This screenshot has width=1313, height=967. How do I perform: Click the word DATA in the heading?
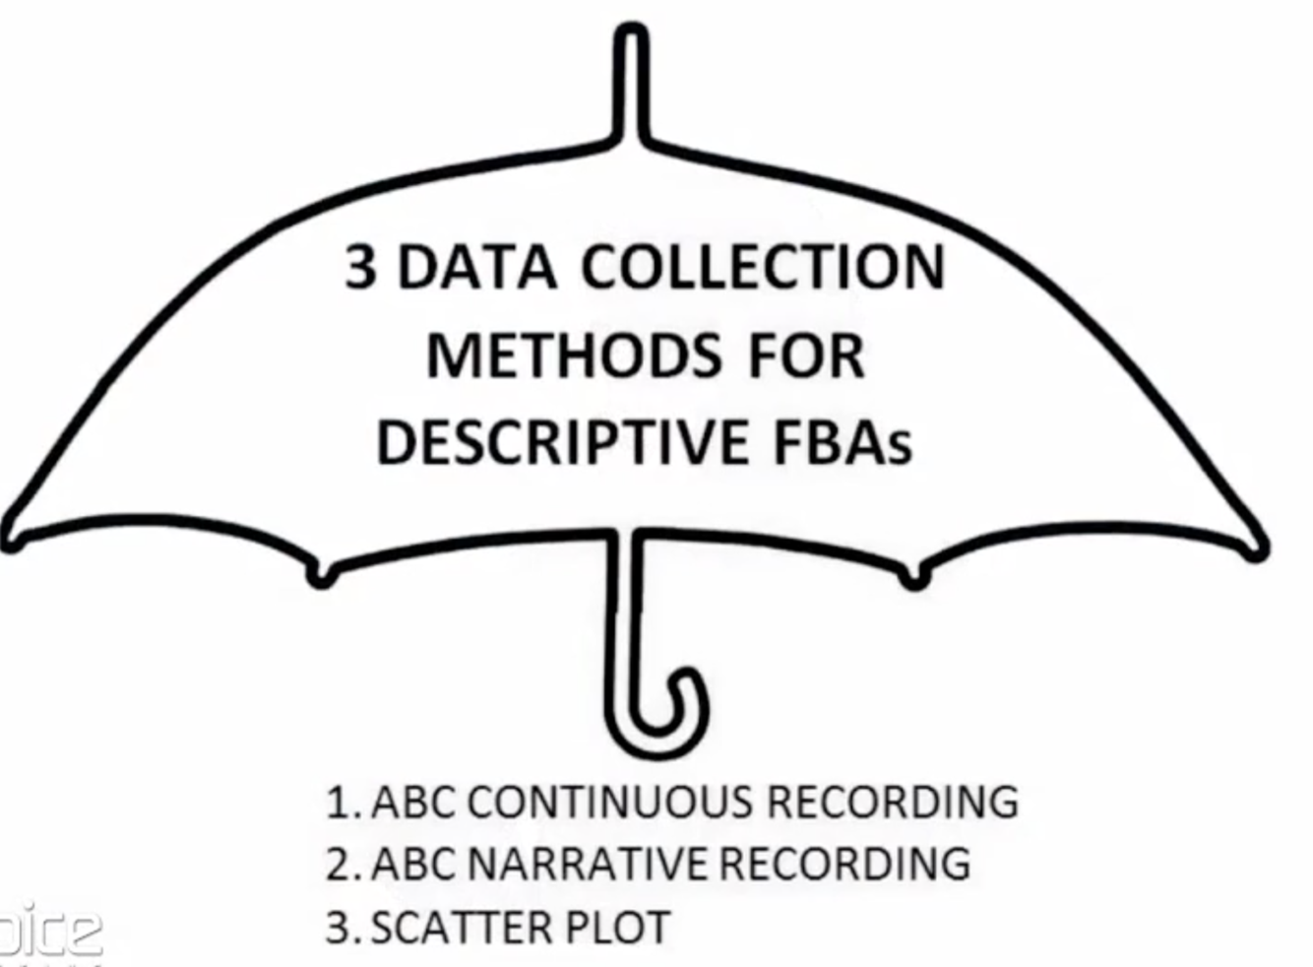(476, 267)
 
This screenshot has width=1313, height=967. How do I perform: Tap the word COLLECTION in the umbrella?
(764, 267)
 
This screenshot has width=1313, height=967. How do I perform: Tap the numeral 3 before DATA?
(360, 267)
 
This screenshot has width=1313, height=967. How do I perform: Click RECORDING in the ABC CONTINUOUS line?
(892, 802)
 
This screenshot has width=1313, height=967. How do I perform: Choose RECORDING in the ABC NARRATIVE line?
(844, 864)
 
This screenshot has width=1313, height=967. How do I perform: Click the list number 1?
(338, 803)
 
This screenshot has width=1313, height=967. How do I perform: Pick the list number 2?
(339, 865)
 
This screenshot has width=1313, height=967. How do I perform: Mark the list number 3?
(339, 928)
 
